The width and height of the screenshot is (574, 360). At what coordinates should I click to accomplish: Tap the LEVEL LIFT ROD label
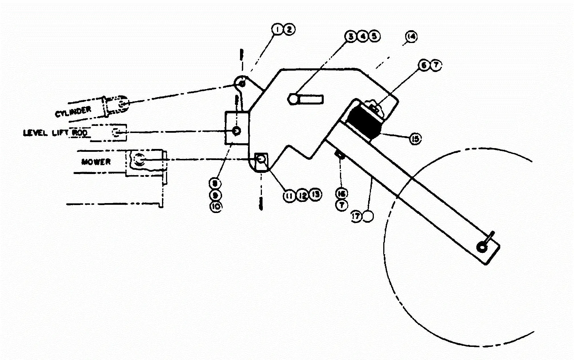pos(55,133)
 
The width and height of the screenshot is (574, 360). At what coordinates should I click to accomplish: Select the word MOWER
pos(96,162)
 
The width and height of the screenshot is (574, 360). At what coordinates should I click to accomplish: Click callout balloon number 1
pos(277,29)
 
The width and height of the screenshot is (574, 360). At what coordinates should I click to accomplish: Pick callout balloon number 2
pos(289,29)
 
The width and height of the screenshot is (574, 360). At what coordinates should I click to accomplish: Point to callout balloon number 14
pos(411,36)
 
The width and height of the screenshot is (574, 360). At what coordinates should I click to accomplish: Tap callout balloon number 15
pos(415,139)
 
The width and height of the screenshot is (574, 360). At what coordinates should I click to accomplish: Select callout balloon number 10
pos(216,206)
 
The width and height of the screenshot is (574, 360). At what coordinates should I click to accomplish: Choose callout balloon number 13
pos(315,195)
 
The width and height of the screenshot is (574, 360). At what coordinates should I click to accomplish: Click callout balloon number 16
pos(341,194)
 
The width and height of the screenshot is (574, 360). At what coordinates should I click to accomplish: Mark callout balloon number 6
pos(424,65)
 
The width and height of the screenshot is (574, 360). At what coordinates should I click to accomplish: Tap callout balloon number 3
pos(351,36)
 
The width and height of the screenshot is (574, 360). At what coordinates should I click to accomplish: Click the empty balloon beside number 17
pos(368,216)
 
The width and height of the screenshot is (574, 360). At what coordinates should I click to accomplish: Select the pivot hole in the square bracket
pos(236,131)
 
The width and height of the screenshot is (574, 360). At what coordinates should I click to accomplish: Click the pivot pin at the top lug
pos(242,83)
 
